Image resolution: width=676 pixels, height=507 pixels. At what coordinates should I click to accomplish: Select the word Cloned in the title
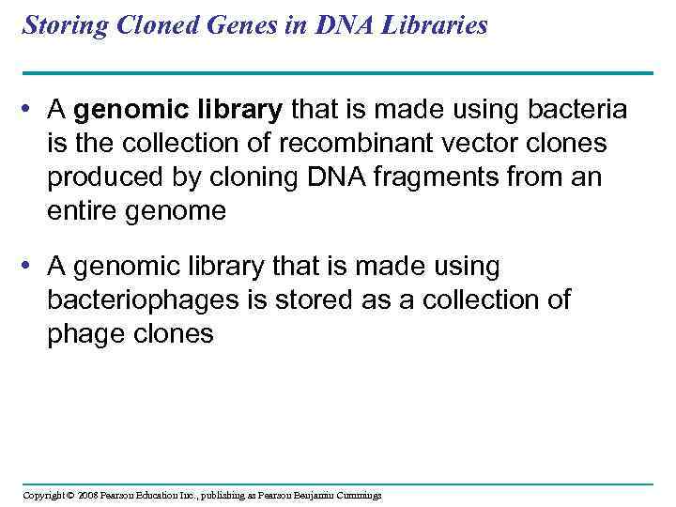click(x=145, y=25)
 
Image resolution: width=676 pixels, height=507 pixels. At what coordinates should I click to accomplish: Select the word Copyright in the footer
click(x=41, y=496)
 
